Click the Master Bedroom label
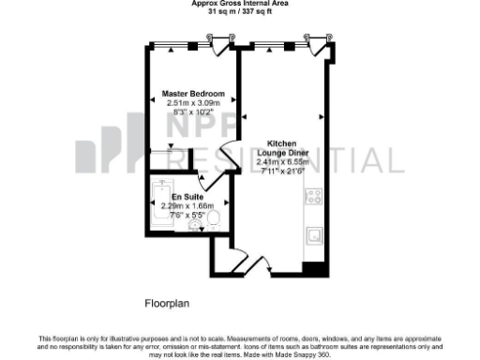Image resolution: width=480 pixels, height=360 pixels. (193, 95)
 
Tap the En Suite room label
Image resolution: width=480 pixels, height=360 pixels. (183, 196)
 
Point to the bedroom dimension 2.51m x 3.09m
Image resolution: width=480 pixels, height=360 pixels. (193, 104)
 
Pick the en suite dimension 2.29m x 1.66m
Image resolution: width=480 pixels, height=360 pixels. (187, 205)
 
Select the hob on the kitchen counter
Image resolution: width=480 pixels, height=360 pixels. (314, 198)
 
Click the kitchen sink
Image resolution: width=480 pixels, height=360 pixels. (316, 233)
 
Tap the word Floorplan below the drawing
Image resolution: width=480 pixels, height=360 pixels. (167, 303)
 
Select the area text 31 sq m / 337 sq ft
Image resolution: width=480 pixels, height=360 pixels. (240, 12)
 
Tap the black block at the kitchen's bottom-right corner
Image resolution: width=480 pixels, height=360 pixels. (315, 269)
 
